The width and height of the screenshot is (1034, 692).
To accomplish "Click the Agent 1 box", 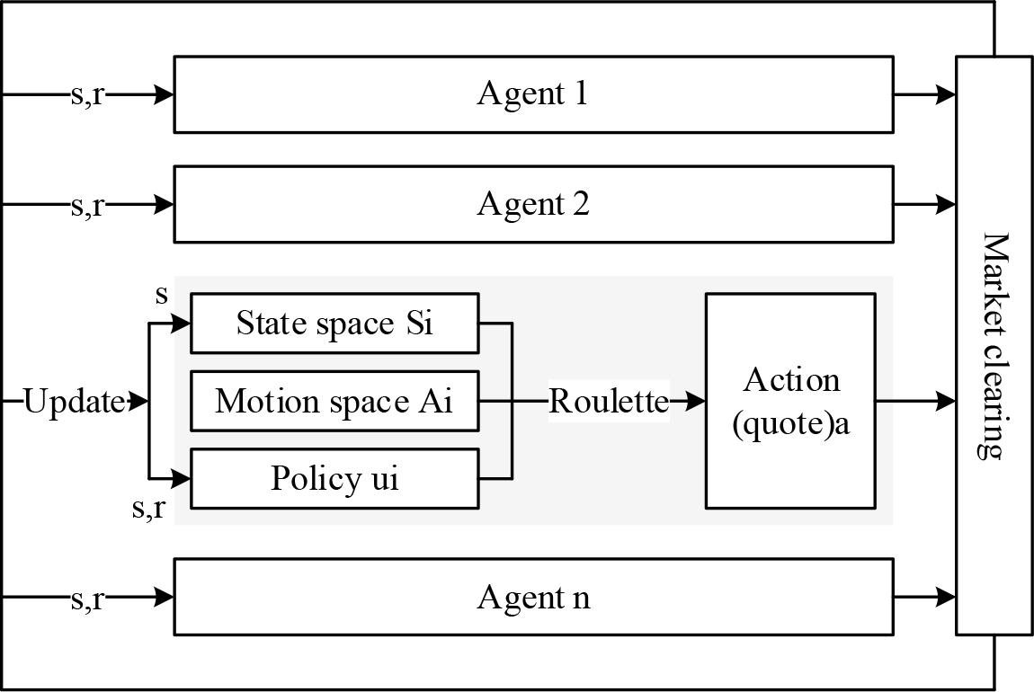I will coord(533,94).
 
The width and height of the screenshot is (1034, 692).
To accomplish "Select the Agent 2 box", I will coord(533,204).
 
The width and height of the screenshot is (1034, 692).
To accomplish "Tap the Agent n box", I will coord(533,597).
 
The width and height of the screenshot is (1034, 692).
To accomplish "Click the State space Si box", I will coord(334,323).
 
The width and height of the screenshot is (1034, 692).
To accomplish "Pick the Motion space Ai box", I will coord(334,401).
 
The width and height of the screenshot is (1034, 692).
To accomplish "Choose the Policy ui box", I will coord(334,478).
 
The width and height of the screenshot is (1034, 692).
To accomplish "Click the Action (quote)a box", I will coord(790,401).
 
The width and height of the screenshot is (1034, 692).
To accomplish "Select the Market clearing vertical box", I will coord(994,346).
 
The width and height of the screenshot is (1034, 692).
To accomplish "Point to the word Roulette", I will coord(609,401).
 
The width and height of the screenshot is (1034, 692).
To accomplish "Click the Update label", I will coord(74,402).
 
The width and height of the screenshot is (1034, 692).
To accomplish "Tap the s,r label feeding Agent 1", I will coord(87,94).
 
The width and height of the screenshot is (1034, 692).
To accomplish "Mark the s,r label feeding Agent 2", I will coord(87,205).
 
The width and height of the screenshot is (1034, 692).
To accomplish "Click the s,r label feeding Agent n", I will coord(87,598).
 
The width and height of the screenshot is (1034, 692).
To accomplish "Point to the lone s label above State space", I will coord(162,294).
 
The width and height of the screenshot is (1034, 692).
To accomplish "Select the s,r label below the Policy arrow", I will coord(149,509).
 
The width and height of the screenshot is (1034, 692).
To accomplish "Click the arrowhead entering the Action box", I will coord(696,401).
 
